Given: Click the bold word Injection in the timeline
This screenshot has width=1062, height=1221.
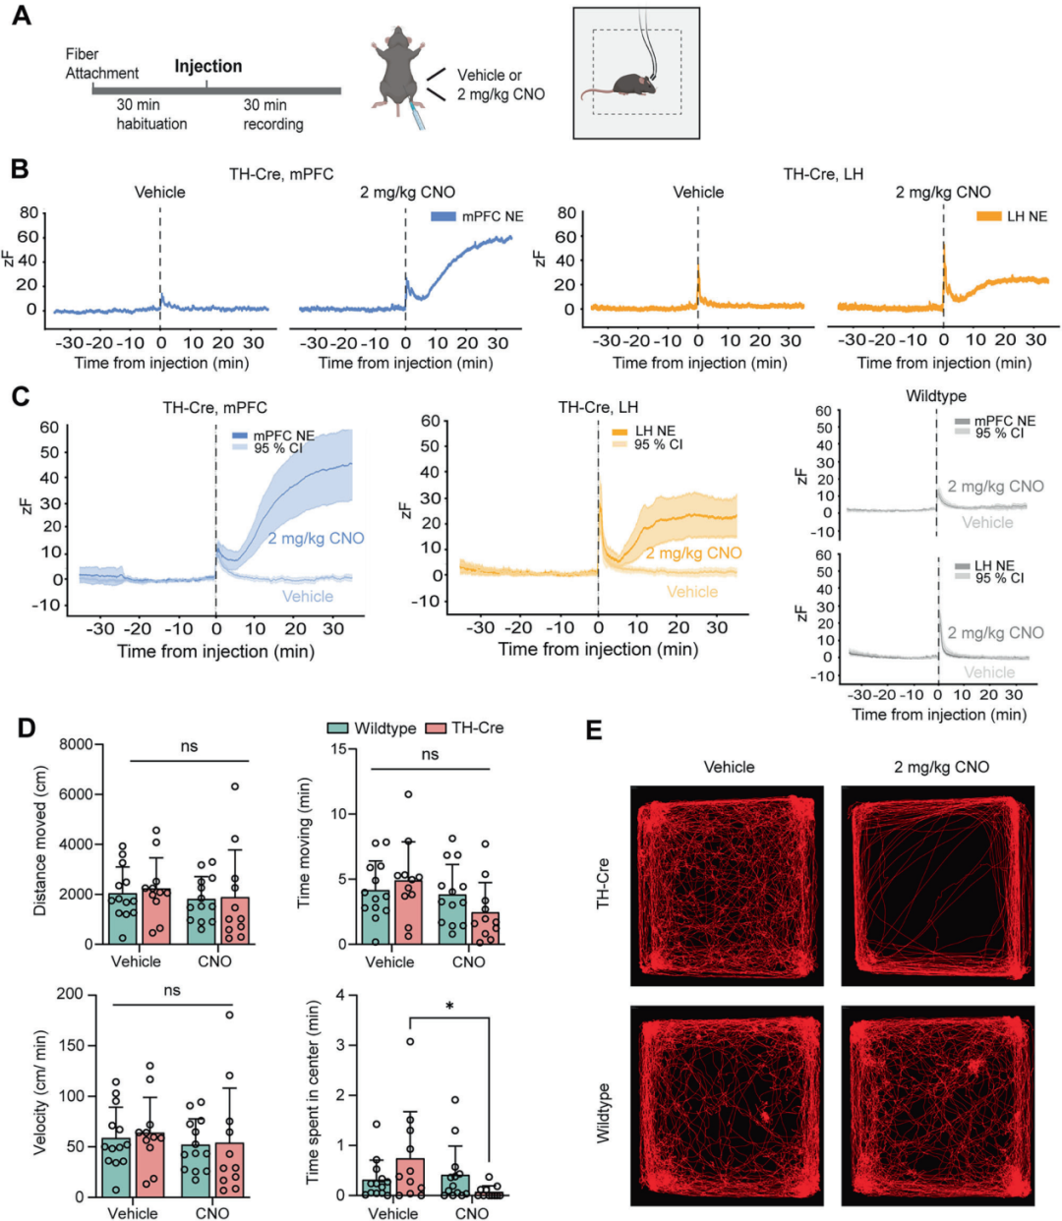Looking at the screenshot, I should click(x=207, y=66).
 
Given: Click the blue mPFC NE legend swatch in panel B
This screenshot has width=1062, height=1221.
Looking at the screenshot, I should click(x=443, y=216).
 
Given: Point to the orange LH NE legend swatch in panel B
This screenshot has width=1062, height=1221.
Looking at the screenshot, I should click(x=988, y=216).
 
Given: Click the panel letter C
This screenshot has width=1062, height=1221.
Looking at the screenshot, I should click(x=21, y=396).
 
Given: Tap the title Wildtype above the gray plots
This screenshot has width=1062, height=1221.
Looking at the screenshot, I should click(x=935, y=396).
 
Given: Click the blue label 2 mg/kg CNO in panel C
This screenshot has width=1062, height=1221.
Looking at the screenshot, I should click(x=316, y=539).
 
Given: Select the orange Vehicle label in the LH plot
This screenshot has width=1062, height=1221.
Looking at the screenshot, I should click(x=692, y=592).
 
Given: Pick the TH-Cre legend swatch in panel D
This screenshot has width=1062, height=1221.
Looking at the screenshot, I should click(x=436, y=728).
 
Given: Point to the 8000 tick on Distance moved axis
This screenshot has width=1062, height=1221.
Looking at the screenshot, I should click(x=75, y=744).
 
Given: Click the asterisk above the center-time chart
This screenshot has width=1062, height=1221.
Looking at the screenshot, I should click(x=449, y=1008).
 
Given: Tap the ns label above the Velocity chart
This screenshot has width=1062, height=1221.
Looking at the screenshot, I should click(x=172, y=990).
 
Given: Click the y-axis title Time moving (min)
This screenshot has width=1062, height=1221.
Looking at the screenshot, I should click(x=304, y=847).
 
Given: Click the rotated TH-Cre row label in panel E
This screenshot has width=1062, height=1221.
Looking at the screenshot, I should click(x=603, y=883).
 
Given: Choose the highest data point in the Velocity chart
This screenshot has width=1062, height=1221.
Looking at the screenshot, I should click(x=230, y=1015).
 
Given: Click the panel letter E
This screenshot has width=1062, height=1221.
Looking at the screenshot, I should click(x=594, y=729).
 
